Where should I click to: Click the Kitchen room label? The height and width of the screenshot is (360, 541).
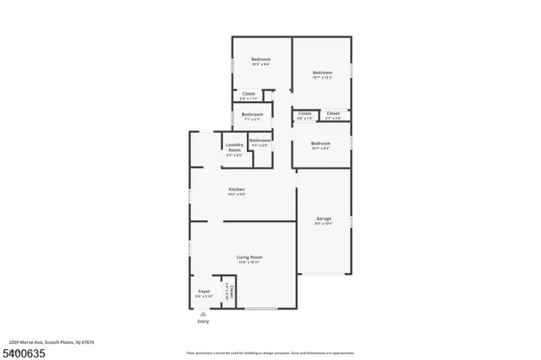click(236, 188)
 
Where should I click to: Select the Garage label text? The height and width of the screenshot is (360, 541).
click(323, 218)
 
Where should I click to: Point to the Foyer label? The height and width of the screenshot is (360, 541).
click(204, 291)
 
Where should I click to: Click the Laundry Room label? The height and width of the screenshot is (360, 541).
click(234, 147)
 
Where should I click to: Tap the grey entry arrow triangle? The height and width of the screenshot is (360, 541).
click(203, 314)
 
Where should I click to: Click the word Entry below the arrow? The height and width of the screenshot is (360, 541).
click(203, 322)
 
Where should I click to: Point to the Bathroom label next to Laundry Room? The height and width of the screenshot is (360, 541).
click(260, 140)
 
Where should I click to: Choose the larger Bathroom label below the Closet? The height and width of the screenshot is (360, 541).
click(252, 114)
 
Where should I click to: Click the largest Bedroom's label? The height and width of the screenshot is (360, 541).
click(322, 73)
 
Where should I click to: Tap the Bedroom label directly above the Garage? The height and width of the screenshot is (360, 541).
click(320, 144)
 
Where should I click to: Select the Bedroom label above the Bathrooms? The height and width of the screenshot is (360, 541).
click(260, 59)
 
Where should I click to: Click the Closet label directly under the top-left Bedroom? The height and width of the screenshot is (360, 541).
click(249, 94)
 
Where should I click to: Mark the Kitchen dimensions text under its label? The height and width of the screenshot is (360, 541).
click(236, 194)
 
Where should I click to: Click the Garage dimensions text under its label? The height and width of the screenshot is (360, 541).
click(323, 224)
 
